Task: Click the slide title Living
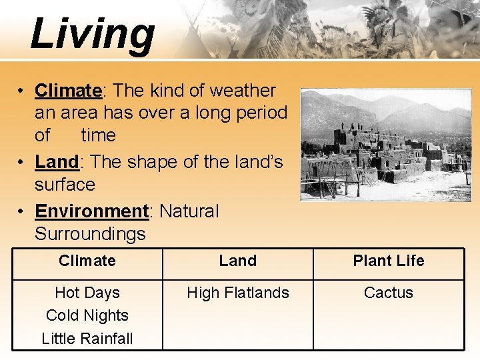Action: click(x=92, y=33)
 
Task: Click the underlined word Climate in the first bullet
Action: click(x=67, y=90)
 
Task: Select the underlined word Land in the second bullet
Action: click(x=57, y=162)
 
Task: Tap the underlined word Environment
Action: click(x=91, y=211)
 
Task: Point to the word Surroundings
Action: click(x=90, y=234)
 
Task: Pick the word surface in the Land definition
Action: click(x=65, y=185)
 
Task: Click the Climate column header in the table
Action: click(x=87, y=261)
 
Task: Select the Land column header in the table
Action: click(x=238, y=261)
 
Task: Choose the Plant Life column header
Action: click(x=389, y=261)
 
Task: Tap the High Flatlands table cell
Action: click(x=238, y=293)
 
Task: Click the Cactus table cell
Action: click(x=389, y=293)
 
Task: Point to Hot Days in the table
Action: click(x=87, y=293)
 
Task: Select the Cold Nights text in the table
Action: click(x=87, y=315)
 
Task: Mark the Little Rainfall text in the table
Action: click(x=87, y=338)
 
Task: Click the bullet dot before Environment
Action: click(x=22, y=212)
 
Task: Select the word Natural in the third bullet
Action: click(x=189, y=211)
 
